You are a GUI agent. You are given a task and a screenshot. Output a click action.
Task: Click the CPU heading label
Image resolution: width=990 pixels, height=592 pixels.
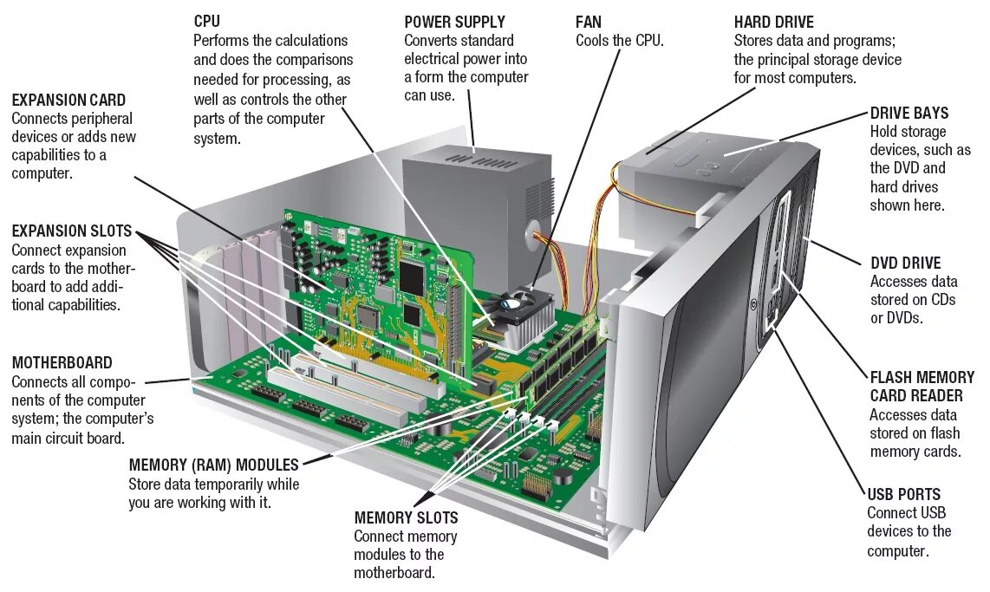[206, 22]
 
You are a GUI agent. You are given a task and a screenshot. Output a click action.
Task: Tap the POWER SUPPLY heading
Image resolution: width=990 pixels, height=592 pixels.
[454, 22]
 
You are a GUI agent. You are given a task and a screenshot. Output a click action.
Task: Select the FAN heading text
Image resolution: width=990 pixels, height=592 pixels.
[588, 22]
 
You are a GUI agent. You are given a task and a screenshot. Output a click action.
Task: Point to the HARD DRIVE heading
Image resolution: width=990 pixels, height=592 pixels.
[774, 22]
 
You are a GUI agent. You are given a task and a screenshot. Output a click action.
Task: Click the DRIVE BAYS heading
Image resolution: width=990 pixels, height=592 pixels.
[909, 113]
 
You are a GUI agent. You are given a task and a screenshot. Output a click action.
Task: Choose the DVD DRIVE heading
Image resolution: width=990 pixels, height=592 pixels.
[905, 263]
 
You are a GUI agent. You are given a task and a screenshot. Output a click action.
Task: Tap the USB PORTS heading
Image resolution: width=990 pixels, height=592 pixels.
[903, 494]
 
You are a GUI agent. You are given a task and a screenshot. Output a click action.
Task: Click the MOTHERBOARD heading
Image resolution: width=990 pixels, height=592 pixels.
[62, 362]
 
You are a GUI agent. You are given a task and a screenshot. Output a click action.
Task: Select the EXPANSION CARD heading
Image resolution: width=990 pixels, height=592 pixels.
[68, 100]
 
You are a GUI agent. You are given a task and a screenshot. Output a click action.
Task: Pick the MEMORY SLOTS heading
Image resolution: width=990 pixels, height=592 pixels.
[406, 517]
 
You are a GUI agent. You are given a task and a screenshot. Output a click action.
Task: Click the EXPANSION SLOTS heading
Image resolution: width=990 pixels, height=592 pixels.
[71, 231]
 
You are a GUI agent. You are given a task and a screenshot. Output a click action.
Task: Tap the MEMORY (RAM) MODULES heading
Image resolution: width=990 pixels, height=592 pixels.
[213, 465]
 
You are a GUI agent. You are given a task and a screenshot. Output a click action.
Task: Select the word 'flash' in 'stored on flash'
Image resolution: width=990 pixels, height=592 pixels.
[943, 433]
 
